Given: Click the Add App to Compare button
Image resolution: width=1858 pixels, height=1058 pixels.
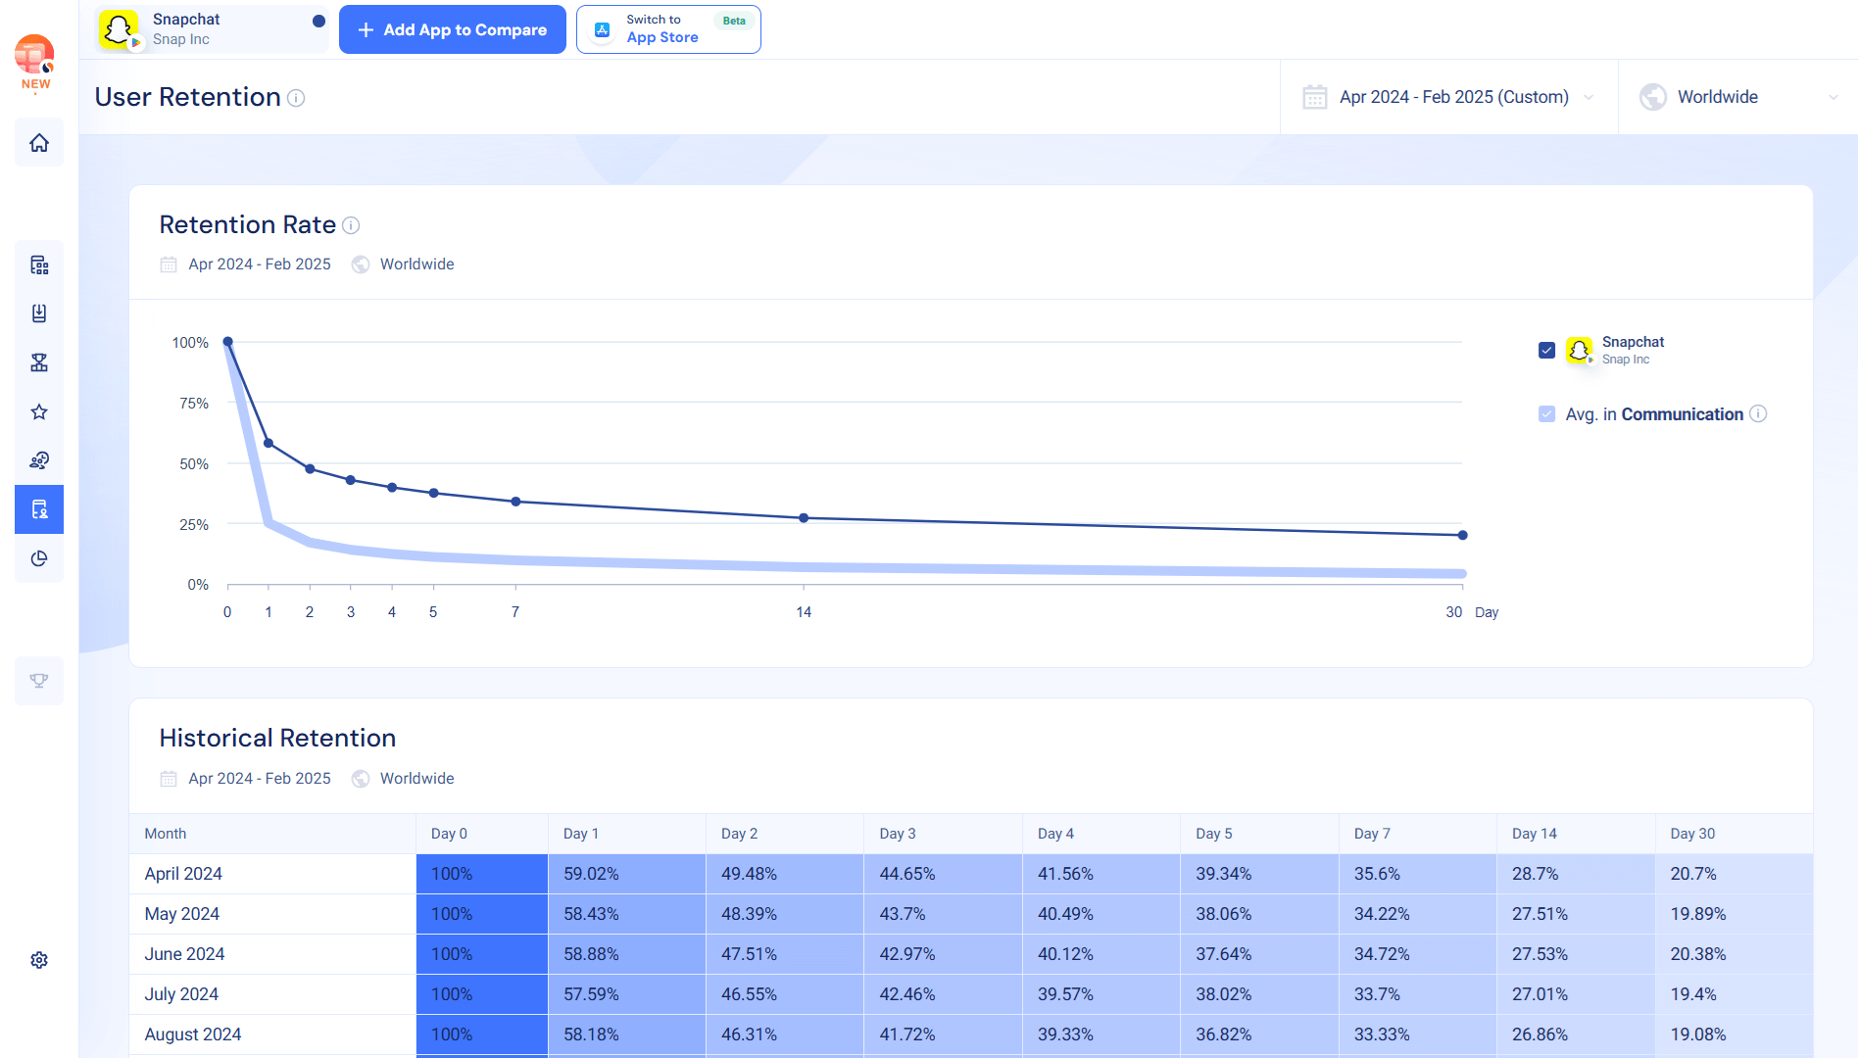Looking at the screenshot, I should pos(452,29).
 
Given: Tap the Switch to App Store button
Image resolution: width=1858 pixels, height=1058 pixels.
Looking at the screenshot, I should pos(667,29).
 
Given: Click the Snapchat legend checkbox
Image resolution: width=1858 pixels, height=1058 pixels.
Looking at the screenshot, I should pos(1546,350).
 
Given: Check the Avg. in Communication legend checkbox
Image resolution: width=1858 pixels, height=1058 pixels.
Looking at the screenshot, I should pos(1546,414).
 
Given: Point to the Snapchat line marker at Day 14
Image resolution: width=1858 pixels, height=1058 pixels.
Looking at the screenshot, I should pos(804,518).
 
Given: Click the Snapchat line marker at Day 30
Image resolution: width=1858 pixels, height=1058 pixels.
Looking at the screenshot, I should pos(1462,535).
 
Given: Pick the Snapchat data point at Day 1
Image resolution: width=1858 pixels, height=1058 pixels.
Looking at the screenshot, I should pos(269,444).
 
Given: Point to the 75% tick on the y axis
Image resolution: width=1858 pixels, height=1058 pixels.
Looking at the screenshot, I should pos(194,404).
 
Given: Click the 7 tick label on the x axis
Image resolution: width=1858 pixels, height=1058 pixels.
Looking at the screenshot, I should pos(515,612).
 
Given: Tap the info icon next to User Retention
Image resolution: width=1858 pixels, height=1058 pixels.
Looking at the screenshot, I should pos(296,98).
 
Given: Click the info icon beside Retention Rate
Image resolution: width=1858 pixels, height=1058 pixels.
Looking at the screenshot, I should pos(351,225).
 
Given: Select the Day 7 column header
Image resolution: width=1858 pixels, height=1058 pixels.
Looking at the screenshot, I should pos(1372,834).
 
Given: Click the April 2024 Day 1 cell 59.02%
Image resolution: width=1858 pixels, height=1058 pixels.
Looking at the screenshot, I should pos(591,874).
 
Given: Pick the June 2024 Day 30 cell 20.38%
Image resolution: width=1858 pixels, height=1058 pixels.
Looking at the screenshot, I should pos(1698,954).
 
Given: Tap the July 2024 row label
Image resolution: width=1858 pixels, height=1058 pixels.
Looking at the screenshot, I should pos(181,994).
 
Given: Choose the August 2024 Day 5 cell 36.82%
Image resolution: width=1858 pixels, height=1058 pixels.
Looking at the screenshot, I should pos(1223,1034).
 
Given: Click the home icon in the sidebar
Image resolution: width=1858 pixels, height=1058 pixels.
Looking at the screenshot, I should pos(39,143).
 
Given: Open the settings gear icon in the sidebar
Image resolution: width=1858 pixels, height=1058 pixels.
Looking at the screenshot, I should pos(39,960).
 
